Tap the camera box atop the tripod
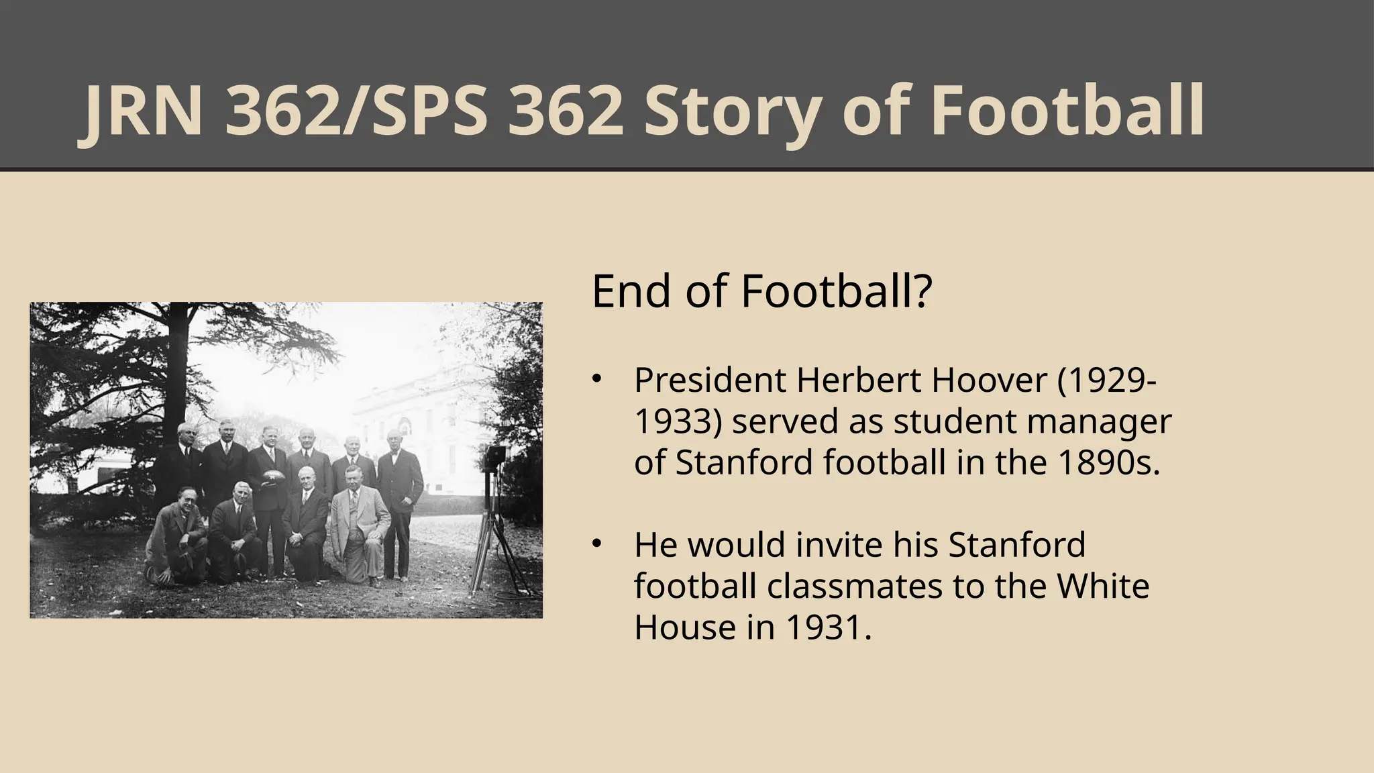pyautogui.click(x=496, y=457)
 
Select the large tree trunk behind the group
pyautogui.click(x=177, y=376)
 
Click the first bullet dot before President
pyautogui.click(x=596, y=380)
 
